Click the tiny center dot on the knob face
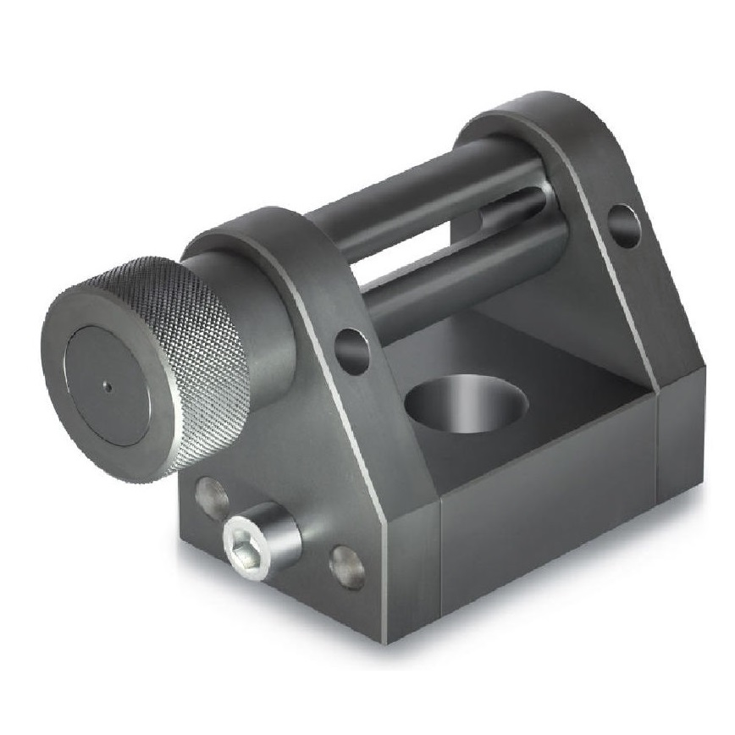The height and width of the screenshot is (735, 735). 108,387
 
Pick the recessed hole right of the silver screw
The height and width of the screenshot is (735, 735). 347,567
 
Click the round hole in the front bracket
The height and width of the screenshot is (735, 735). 351,351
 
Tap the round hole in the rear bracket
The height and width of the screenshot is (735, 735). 624,226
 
